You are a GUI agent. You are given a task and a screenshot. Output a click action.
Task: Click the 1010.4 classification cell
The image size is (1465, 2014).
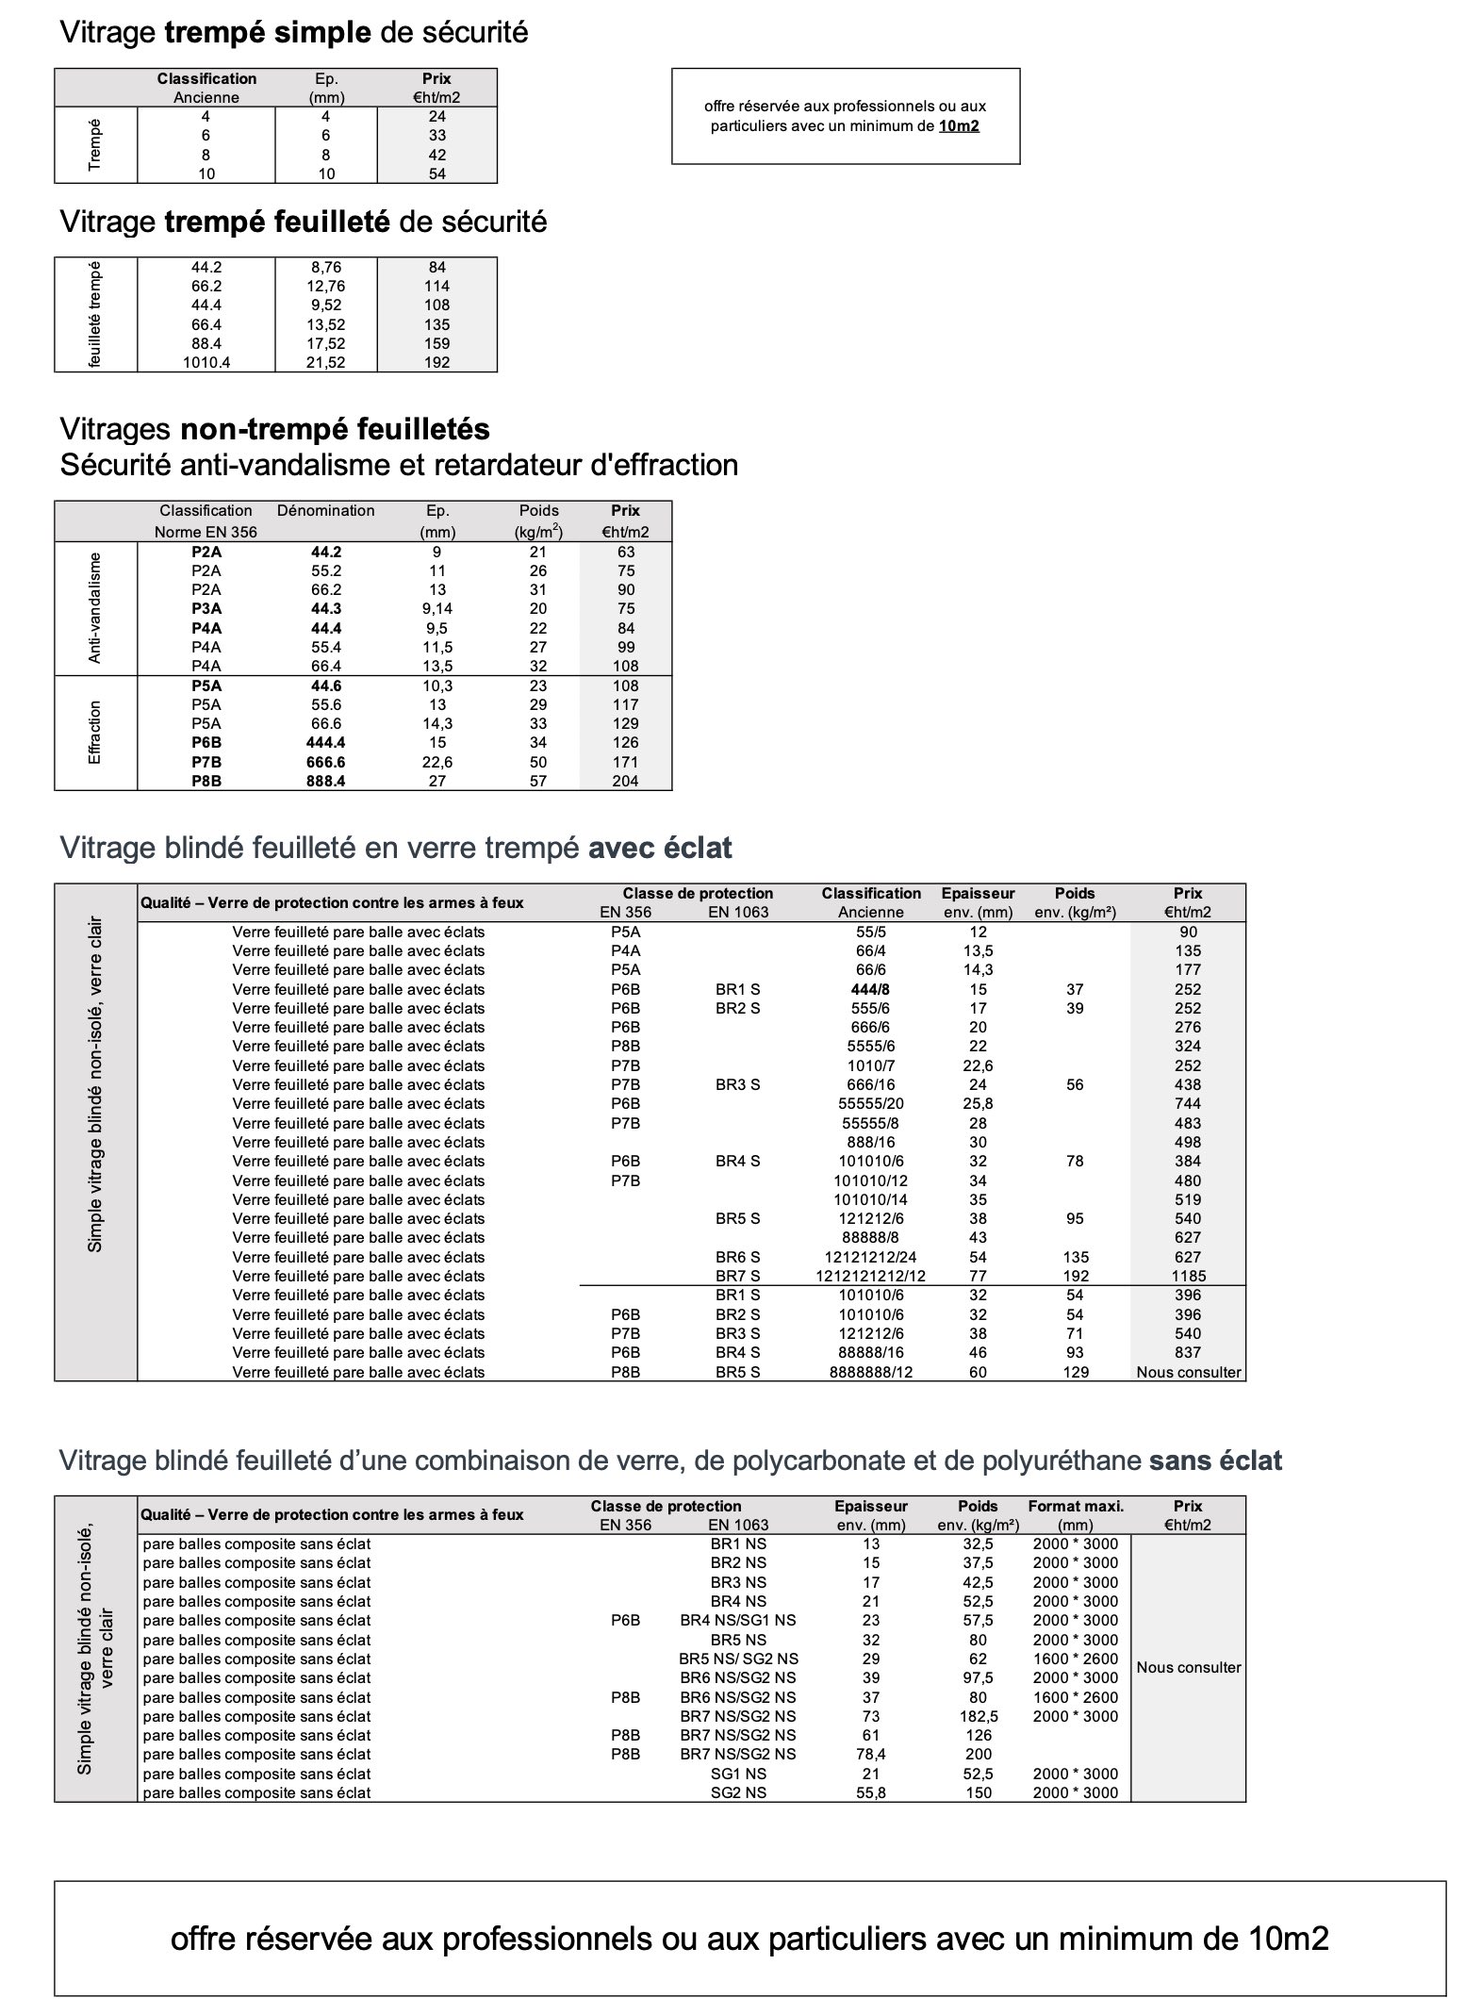pyautogui.click(x=206, y=363)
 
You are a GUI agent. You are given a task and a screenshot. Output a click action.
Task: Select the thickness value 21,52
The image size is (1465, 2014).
pyautogui.click(x=326, y=363)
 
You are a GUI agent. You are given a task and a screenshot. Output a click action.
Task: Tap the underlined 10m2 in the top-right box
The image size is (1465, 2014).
pyautogui.click(x=959, y=126)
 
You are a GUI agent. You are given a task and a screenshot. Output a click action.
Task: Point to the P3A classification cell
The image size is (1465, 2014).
pyautogui.click(x=206, y=609)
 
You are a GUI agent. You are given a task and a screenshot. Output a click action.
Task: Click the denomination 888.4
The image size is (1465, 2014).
pyautogui.click(x=326, y=782)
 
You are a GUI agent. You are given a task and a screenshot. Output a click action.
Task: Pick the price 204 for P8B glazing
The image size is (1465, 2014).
pyautogui.click(x=625, y=782)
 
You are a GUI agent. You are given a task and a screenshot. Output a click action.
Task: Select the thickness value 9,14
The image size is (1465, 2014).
pyautogui.click(x=437, y=609)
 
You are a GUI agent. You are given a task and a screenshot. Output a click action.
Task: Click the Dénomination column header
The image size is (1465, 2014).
pyautogui.click(x=326, y=511)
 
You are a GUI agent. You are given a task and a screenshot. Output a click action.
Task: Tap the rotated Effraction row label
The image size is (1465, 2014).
pyautogui.click(x=94, y=733)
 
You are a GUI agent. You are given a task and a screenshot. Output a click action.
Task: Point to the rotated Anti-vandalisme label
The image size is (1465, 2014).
pyautogui.click(x=94, y=608)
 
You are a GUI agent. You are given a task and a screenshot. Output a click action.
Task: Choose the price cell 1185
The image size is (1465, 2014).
pyautogui.click(x=1188, y=1277)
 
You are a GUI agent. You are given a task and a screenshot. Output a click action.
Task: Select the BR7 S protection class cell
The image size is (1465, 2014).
pyautogui.click(x=737, y=1277)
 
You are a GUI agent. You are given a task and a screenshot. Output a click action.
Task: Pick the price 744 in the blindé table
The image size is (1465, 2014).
pyautogui.click(x=1188, y=1104)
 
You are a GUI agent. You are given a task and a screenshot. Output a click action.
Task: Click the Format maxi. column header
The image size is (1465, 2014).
pyautogui.click(x=1076, y=1507)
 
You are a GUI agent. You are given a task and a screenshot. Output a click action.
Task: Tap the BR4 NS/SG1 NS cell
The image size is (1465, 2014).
pyautogui.click(x=737, y=1621)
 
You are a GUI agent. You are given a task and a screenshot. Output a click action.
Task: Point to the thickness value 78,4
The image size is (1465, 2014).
pyautogui.click(x=871, y=1755)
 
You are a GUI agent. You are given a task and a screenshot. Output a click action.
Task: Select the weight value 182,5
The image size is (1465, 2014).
pyautogui.click(x=979, y=1717)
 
